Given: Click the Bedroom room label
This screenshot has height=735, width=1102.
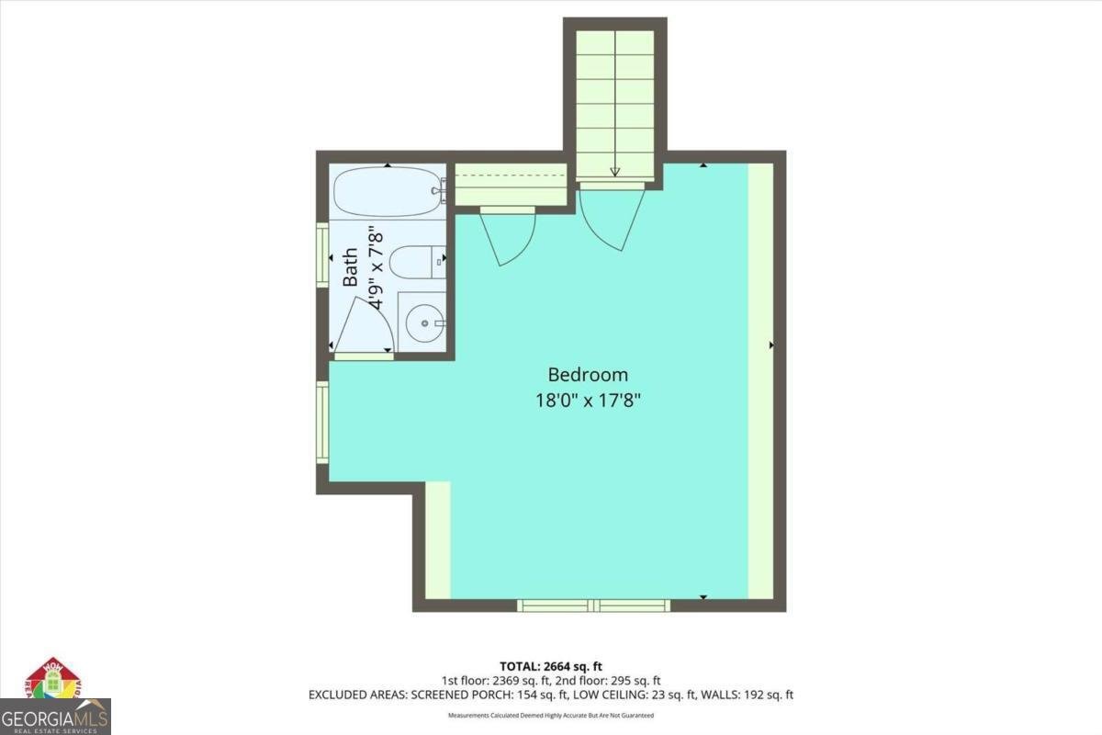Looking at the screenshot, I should tap(588, 375).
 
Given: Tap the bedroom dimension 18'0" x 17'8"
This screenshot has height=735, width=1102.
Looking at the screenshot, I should tap(588, 400).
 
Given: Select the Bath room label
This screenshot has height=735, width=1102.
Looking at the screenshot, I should tap(351, 268).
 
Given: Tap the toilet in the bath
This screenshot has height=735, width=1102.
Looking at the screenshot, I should tap(415, 263).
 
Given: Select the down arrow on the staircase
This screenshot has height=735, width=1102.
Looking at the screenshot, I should tap(614, 171).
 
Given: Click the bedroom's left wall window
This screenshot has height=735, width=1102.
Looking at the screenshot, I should tap(322, 422).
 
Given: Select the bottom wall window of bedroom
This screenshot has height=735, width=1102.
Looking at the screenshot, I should tap(593, 605).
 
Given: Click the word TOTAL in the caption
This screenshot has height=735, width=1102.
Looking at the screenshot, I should tap(519, 666).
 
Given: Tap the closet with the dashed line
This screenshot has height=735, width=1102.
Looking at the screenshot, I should tap(511, 184).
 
